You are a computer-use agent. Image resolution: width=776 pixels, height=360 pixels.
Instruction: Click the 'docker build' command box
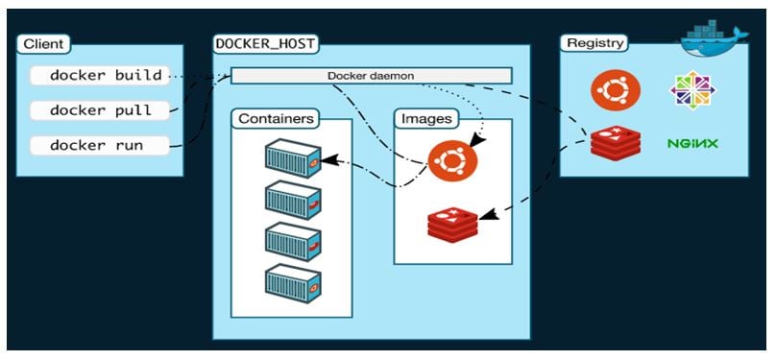tap(100, 75)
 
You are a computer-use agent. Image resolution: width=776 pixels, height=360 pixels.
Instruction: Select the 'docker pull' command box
tap(100, 110)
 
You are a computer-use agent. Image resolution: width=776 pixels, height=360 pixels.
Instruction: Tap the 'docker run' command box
tap(100, 146)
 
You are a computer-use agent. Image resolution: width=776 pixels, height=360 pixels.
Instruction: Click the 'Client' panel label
tap(44, 44)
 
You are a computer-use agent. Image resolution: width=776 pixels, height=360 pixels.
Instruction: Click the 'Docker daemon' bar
tap(371, 75)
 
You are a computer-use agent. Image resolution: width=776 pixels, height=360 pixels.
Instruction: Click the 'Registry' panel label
tap(594, 43)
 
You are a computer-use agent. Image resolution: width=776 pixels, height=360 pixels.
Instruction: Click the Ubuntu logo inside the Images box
tap(452, 160)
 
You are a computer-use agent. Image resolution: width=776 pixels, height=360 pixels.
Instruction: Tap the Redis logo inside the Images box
tap(452, 224)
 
